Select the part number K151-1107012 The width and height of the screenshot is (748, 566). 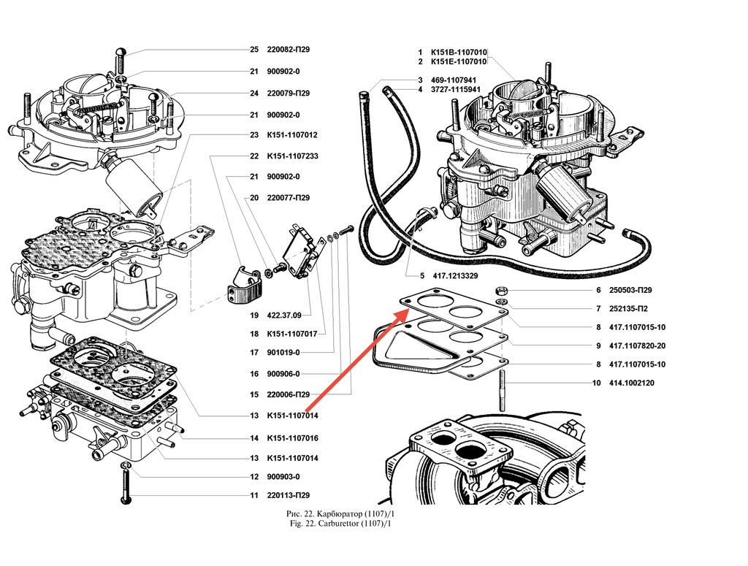coord(292,136)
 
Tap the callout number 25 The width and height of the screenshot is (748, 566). coord(254,50)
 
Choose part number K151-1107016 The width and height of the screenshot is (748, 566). coord(292,439)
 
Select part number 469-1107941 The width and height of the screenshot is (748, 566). coord(454,80)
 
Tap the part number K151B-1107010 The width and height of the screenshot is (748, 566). coord(458,53)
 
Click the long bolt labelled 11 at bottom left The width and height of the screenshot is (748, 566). coord(126,484)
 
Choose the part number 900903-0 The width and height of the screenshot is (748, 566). coord(283,477)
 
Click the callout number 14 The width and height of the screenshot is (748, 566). coord(254,439)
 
